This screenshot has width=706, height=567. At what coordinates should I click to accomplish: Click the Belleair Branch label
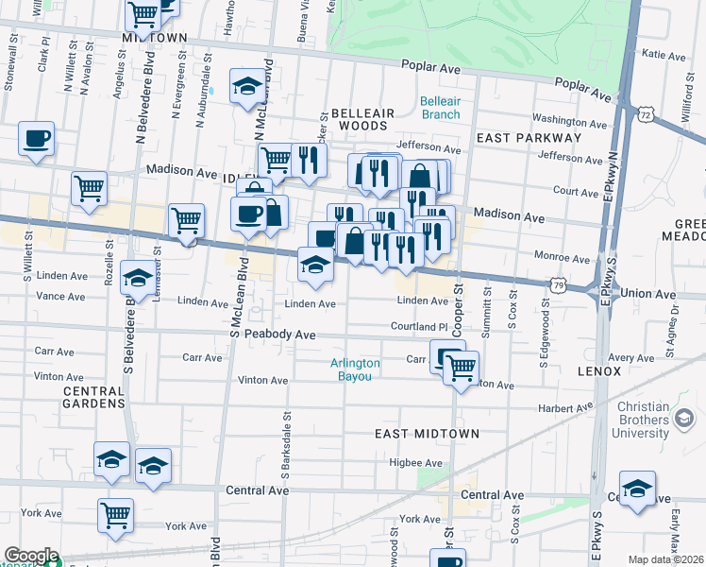440,108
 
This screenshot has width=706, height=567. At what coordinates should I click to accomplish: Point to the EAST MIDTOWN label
427,434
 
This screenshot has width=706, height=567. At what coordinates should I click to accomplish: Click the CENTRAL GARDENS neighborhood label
93,397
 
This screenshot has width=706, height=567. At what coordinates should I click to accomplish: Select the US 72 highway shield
646,113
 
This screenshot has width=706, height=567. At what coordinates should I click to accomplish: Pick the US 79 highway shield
561,283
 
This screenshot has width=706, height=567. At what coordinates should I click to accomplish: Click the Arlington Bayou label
355,369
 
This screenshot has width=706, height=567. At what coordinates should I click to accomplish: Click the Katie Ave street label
663,55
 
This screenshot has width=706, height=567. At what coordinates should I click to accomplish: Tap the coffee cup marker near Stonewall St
37,139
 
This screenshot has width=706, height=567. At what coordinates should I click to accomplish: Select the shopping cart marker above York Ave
116,515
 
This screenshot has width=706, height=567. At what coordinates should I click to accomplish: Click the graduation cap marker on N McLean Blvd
247,85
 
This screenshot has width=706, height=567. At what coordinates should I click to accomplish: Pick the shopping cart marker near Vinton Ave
462,368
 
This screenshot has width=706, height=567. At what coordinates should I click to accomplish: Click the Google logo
31,556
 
